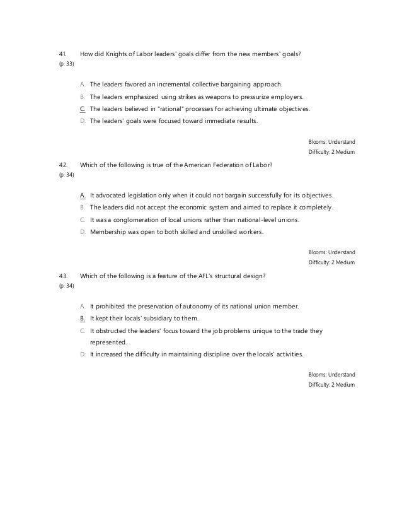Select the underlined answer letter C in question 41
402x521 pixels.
(83, 109)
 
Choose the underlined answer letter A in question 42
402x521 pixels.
(83, 195)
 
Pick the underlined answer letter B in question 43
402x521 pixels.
(83, 319)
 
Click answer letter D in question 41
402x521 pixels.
(83, 120)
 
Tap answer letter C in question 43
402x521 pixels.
(83, 330)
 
